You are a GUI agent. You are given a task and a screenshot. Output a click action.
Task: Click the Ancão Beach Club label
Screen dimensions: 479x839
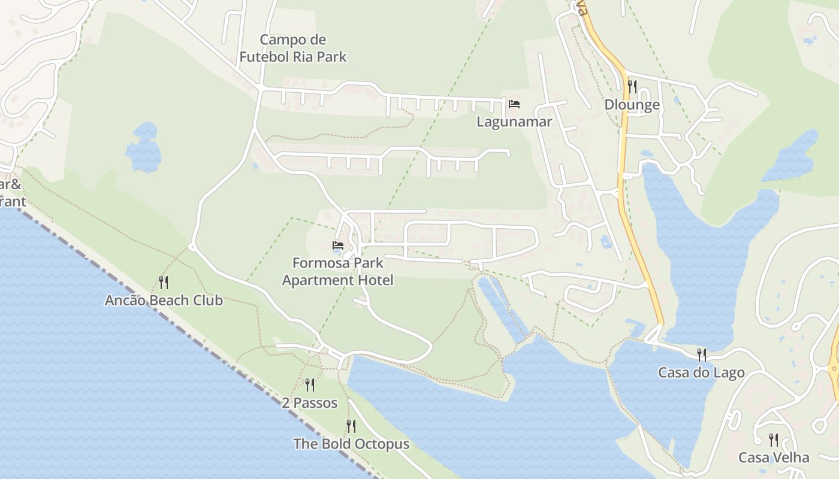(164, 300)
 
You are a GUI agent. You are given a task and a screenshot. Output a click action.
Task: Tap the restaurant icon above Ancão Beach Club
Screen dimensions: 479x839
(163, 282)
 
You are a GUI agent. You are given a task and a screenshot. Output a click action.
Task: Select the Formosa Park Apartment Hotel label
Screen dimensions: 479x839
(337, 271)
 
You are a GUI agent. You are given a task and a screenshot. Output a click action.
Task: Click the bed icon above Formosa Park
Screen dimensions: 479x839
(338, 245)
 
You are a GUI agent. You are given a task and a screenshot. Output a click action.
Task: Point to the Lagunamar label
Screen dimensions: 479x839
(514, 122)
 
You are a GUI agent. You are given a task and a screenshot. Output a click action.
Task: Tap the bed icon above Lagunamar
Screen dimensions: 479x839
(514, 104)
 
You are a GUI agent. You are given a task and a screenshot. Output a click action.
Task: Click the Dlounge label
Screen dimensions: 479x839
(632, 105)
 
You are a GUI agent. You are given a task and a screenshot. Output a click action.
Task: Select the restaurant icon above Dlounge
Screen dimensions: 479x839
(632, 86)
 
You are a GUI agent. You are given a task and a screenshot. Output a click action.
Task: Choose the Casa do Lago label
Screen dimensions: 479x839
(701, 372)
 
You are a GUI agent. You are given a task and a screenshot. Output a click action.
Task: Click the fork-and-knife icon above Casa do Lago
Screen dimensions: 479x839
(702, 354)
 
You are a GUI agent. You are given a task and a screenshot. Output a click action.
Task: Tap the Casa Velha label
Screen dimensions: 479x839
(774, 457)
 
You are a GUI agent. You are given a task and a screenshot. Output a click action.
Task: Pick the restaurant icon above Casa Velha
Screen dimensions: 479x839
(774, 440)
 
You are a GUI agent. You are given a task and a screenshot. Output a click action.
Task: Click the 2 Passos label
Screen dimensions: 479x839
(310, 403)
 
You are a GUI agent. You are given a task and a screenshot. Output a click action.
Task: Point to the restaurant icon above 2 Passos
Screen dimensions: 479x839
(310, 384)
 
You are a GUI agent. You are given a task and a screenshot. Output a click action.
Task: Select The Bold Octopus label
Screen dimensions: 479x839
(351, 444)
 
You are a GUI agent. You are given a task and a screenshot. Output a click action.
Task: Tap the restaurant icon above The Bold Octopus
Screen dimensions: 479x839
(351, 426)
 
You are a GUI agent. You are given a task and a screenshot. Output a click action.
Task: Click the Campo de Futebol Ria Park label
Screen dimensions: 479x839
(293, 48)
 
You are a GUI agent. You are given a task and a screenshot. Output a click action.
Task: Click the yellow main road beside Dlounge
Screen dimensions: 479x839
(624, 138)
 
